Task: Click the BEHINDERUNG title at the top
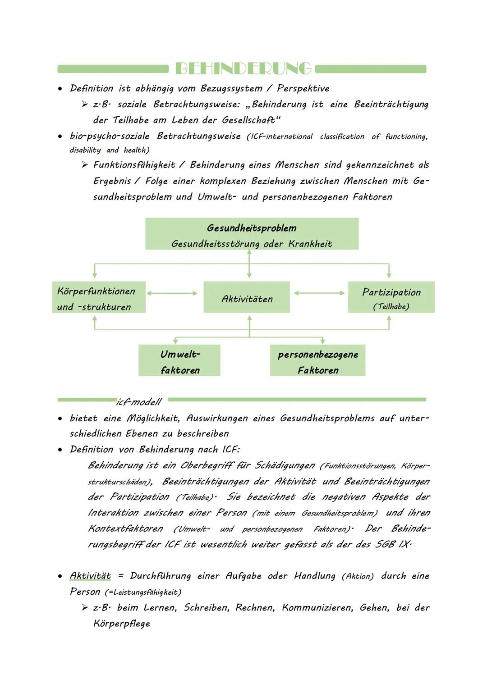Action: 243,68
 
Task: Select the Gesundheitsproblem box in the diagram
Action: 252,234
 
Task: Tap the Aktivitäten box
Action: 247,297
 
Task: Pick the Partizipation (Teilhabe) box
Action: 391,297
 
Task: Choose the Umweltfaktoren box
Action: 179,361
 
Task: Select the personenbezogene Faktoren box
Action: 317,361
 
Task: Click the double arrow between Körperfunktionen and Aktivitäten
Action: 172,293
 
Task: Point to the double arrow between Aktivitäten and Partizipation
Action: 319,293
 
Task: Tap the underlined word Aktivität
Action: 90,576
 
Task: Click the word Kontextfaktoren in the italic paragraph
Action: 125,529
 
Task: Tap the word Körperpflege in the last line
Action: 121,624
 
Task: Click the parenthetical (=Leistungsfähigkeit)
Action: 142,592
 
